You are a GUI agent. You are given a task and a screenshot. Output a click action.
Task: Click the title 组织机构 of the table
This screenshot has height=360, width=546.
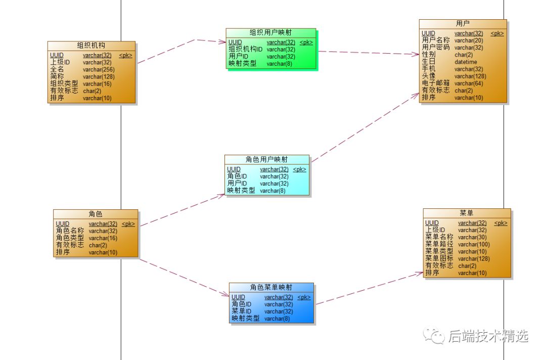91,46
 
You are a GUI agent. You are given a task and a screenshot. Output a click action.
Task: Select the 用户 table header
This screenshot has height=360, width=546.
463,23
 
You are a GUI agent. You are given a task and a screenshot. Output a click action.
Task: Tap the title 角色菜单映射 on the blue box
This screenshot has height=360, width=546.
271,287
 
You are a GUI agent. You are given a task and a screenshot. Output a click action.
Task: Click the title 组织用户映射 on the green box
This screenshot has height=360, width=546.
270,32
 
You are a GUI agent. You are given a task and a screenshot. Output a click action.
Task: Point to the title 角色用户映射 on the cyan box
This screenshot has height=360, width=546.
266,159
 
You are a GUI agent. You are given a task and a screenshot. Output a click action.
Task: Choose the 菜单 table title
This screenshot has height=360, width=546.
466,213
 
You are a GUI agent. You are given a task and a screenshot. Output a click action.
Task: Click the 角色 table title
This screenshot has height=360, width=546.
95,214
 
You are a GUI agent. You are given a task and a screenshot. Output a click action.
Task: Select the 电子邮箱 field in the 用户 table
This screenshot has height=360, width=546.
436,83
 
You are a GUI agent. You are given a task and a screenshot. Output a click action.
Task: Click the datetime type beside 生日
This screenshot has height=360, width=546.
466,62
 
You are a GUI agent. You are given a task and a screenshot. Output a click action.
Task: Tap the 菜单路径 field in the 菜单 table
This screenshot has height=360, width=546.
439,244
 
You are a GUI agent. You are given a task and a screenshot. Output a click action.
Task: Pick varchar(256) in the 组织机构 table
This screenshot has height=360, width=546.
99,70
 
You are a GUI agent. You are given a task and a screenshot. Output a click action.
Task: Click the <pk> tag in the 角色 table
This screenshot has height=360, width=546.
128,224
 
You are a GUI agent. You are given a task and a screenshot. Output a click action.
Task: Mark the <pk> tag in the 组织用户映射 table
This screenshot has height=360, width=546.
306,42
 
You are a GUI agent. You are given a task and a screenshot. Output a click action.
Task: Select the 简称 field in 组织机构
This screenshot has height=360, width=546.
57,76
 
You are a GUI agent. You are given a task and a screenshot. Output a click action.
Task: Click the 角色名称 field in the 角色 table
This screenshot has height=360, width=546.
70,231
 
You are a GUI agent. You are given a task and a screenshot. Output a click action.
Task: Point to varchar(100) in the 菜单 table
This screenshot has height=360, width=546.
474,244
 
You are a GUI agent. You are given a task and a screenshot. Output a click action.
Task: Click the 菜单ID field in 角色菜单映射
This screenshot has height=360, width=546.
241,311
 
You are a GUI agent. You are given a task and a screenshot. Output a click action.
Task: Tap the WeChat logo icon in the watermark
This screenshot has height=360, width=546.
434,336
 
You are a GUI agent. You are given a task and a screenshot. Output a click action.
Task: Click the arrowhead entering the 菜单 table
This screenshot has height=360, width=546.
420,274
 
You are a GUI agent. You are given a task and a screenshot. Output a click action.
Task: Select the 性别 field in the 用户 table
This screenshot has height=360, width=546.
429,54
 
